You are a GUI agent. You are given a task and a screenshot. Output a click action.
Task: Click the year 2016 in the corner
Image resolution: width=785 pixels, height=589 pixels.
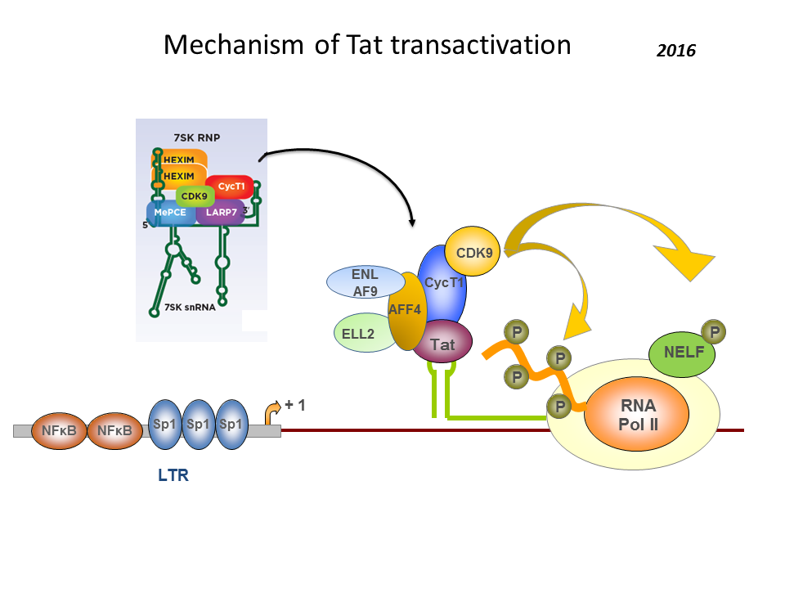point(675,51)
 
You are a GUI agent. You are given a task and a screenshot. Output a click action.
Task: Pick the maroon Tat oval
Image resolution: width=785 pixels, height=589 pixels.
point(442,344)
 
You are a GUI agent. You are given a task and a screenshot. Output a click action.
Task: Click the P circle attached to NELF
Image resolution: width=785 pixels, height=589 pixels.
point(715,331)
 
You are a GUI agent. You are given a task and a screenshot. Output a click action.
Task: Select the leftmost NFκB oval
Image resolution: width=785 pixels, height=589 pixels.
point(59,430)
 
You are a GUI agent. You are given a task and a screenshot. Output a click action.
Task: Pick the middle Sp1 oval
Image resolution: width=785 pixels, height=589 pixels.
point(198,425)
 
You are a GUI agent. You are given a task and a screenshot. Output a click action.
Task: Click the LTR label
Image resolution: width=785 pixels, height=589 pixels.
point(173,474)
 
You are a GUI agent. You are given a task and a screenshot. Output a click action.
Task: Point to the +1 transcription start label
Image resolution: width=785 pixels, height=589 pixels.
point(294,404)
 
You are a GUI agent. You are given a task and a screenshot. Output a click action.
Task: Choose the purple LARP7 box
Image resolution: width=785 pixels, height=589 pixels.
point(221,213)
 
